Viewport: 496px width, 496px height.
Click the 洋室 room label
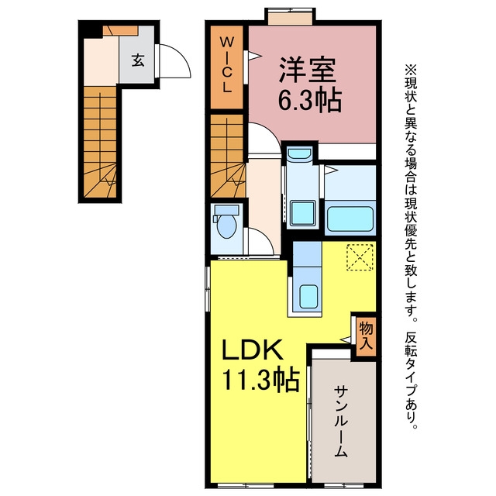click(307, 71)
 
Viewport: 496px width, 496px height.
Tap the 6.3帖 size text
click(310, 100)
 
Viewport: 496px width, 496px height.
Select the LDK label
click(252, 350)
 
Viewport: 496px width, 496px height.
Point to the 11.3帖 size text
click(261, 379)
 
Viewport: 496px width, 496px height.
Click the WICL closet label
click(226, 64)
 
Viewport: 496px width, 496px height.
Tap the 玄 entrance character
click(138, 60)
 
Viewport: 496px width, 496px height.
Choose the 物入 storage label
click(367, 336)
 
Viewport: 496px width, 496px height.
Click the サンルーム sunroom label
click(341, 421)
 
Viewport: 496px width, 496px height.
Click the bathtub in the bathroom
click(350, 219)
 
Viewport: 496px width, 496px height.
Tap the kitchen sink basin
click(308, 296)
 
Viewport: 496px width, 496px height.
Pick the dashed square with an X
click(360, 257)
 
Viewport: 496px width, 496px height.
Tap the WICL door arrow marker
click(254, 56)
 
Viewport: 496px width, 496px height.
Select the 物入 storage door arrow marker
click(345, 339)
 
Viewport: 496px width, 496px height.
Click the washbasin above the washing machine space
click(299, 153)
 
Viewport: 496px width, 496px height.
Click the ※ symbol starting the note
click(411, 70)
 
